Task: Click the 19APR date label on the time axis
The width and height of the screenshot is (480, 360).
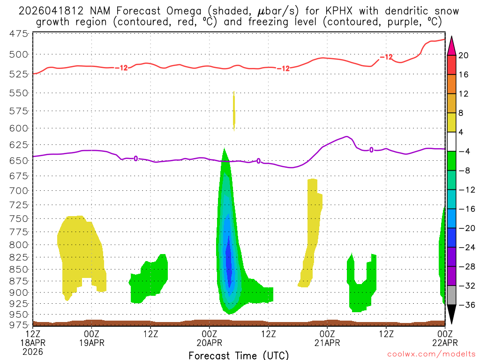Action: (91, 343)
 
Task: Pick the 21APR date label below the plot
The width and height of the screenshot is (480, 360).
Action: (327, 343)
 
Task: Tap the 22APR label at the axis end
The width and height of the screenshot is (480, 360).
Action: (444, 343)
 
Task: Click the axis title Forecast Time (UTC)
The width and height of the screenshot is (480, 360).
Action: (239, 355)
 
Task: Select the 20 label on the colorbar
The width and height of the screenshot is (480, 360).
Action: (464, 55)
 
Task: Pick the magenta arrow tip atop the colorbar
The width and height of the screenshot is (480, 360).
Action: (451, 45)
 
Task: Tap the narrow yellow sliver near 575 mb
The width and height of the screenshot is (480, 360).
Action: (234, 111)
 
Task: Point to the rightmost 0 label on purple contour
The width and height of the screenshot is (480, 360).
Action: (371, 150)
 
